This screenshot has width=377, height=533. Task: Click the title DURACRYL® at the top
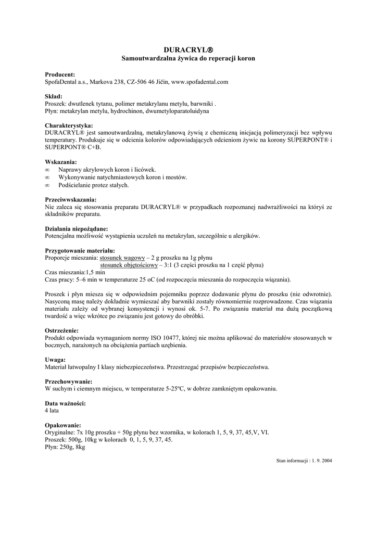coord(188,49)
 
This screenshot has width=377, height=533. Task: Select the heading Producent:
coord(60,74)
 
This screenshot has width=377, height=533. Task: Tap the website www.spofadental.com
coord(200,82)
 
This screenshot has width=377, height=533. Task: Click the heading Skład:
coord(54,96)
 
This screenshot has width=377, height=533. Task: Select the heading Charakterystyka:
coord(69,125)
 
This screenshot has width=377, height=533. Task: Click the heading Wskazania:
coord(61,162)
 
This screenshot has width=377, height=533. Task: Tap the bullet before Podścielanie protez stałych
coord(47,185)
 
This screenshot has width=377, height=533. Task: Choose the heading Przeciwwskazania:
coord(71,199)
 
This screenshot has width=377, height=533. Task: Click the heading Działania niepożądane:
coord(77,229)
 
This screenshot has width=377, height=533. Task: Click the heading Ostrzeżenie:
coord(62,331)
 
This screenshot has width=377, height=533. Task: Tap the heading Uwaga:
coord(55,360)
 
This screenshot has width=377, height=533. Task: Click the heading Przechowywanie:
coord(68,382)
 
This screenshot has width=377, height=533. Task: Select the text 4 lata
coord(52,411)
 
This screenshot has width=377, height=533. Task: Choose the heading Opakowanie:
coord(63,425)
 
